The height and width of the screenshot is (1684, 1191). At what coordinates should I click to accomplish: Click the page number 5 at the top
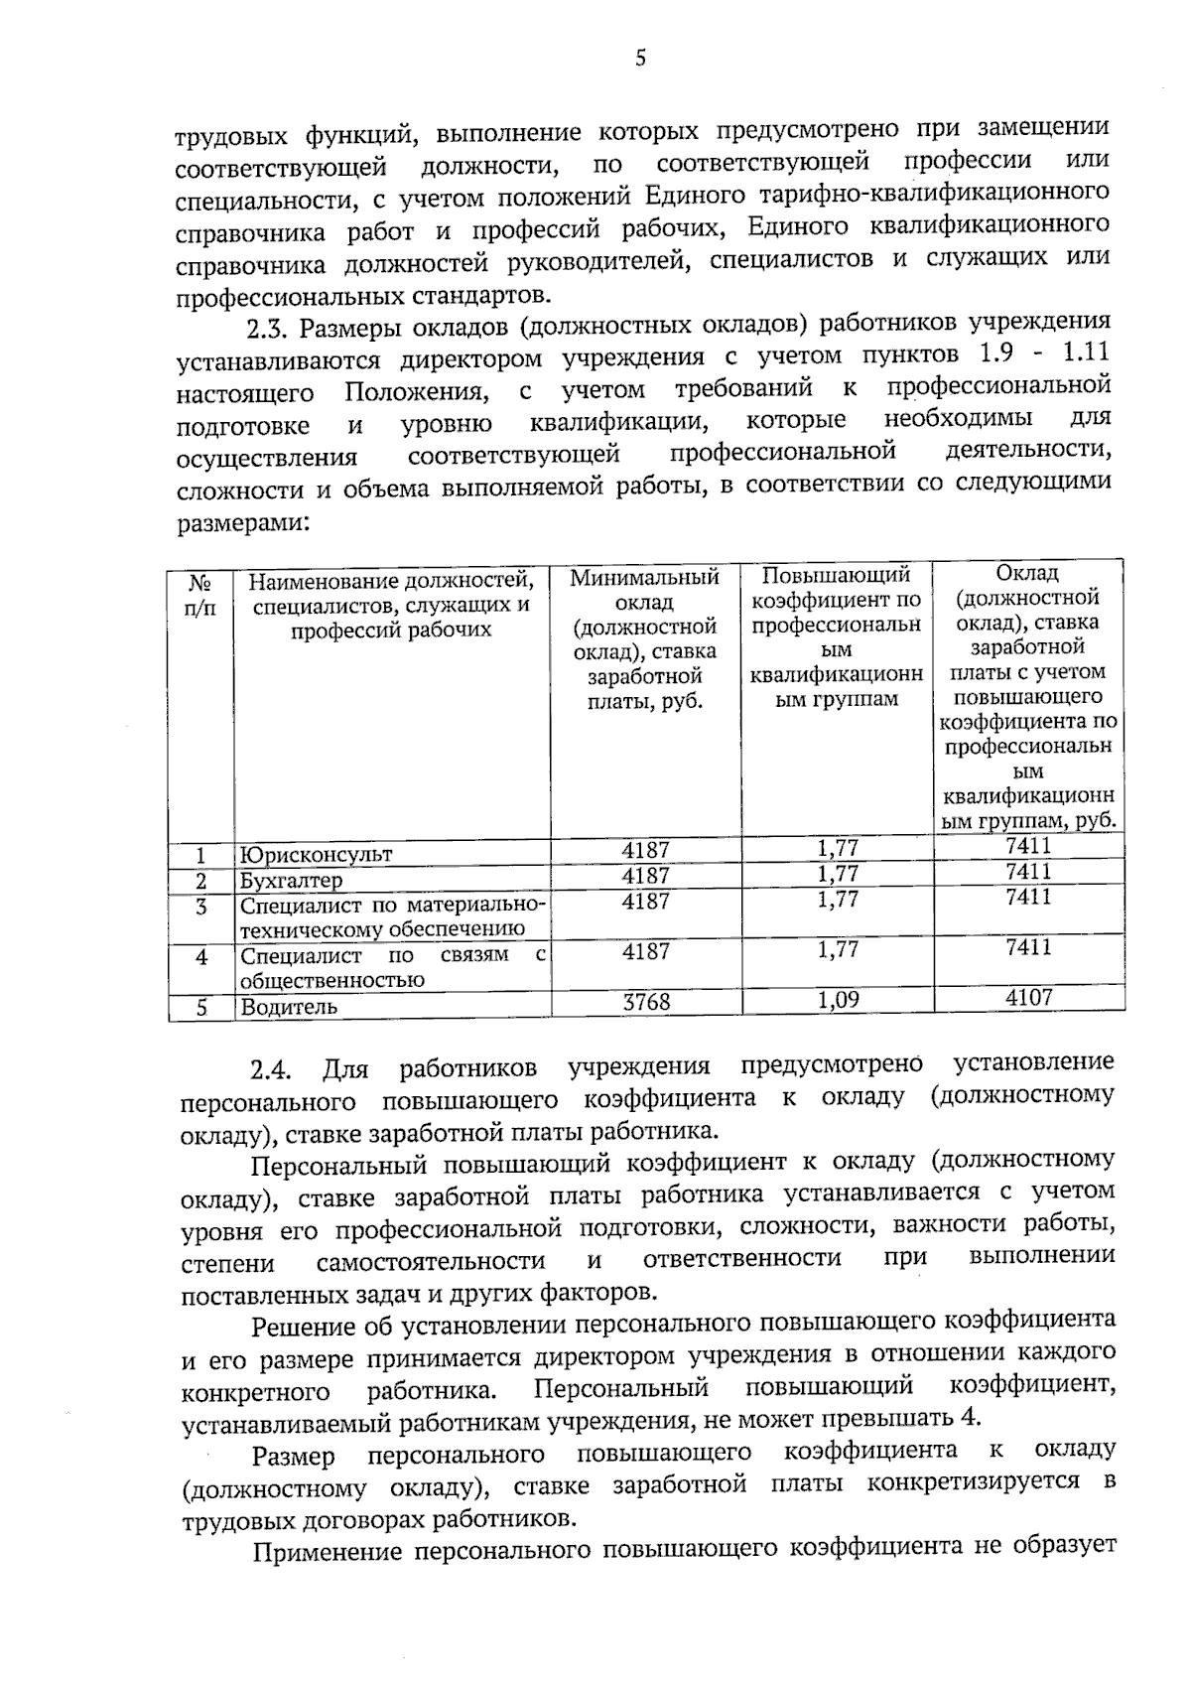640,59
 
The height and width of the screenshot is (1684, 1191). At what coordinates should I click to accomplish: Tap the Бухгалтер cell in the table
291,881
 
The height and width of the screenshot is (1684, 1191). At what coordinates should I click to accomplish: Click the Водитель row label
290,1007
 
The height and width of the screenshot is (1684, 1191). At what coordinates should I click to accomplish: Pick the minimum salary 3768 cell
646,1003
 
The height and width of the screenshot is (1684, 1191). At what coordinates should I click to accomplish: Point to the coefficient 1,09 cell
838,1000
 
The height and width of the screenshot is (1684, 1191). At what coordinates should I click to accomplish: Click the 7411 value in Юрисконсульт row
1028,846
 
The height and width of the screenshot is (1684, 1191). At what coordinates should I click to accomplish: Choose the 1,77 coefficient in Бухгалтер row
838,874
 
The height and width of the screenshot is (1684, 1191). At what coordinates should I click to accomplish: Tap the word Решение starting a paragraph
302,1327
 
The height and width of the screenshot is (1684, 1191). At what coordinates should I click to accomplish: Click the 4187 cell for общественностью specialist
646,951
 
